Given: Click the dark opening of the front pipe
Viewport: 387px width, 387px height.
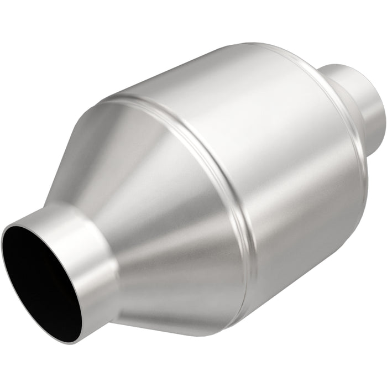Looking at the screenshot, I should (x=41, y=276).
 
